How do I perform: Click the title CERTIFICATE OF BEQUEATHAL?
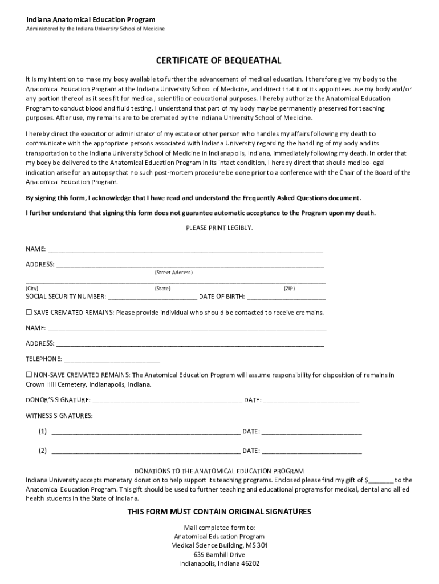pyautogui.click(x=219, y=60)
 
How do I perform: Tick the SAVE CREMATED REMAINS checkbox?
pyautogui.click(x=29, y=313)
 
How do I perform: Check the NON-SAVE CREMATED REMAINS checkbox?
pyautogui.click(x=29, y=375)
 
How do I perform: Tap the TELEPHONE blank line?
pyautogui.click(x=112, y=359)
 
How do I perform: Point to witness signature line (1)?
pyautogui.click(x=145, y=432)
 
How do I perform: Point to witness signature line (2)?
pyautogui.click(x=145, y=451)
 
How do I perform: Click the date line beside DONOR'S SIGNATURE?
pyautogui.click(x=311, y=400)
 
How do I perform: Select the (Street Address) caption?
pyautogui.click(x=173, y=273)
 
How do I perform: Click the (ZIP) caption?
pyautogui.click(x=289, y=289)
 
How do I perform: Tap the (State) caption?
pyautogui.click(x=162, y=289)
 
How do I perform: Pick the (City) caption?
pyautogui.click(x=32, y=289)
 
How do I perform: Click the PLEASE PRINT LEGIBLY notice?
pyautogui.click(x=219, y=228)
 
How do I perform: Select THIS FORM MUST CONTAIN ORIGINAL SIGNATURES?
pyautogui.click(x=219, y=512)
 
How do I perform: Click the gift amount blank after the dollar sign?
pyautogui.click(x=381, y=480)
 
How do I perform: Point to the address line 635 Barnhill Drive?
pyautogui.click(x=219, y=554)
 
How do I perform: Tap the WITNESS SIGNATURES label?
pyautogui.click(x=59, y=416)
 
